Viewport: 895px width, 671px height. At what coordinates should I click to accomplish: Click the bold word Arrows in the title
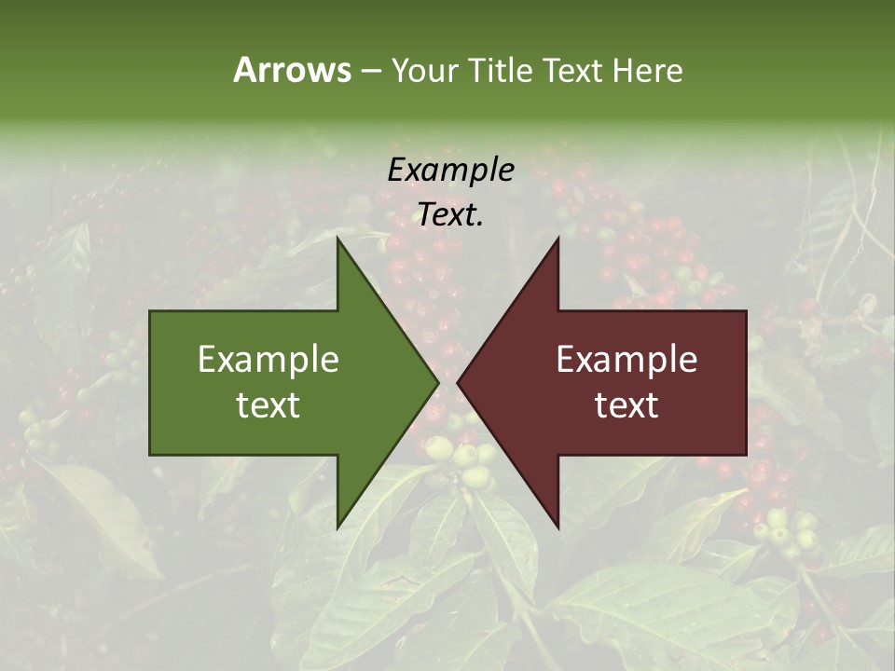point(292,70)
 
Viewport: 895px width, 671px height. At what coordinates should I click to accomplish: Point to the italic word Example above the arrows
point(450,170)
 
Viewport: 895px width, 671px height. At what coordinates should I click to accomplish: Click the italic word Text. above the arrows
point(450,215)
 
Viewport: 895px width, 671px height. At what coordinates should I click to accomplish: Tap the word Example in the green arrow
point(268,359)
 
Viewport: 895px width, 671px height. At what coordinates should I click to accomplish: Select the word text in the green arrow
point(268,405)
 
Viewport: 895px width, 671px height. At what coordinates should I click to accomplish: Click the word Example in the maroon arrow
point(626,359)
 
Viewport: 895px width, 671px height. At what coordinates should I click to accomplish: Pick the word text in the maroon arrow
point(626,405)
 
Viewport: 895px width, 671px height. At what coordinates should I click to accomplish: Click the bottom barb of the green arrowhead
point(339,524)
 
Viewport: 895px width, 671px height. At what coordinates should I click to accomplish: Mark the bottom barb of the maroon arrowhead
point(557,524)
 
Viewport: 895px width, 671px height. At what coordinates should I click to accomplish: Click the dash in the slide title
point(370,71)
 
